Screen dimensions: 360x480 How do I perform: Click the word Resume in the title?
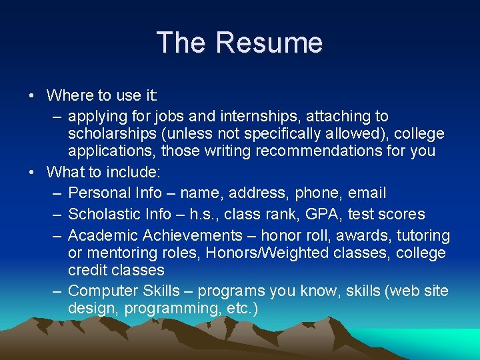[269, 43]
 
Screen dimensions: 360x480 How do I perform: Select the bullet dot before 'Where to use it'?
[32, 95]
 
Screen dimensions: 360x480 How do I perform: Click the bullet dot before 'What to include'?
[32, 172]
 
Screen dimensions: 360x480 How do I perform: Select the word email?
[366, 193]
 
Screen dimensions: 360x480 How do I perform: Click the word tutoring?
[423, 236]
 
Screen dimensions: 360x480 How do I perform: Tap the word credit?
[88, 271]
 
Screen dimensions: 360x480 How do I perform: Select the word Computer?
[103, 291]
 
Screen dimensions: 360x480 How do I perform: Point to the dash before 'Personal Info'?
[56, 193]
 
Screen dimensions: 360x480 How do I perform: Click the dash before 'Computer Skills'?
[56, 291]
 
